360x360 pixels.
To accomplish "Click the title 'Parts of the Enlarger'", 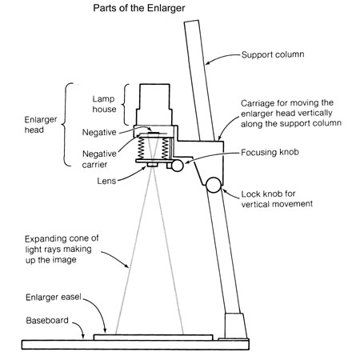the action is tap(139, 8).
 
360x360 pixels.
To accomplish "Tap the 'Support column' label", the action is tap(273, 54).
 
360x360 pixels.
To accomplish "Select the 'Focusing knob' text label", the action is tap(270, 152).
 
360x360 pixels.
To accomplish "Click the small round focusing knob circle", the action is tap(178, 166).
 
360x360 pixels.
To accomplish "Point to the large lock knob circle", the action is tap(214, 185).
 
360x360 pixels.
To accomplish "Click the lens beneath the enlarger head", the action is tap(152, 165).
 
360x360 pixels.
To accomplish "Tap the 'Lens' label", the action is tap(106, 181).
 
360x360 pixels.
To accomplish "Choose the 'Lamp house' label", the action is tap(104, 104).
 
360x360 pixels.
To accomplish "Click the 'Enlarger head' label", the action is tap(41, 125).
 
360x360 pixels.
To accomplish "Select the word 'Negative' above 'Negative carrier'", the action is tap(99, 132).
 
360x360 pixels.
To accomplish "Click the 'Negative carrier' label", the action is tap(99, 159).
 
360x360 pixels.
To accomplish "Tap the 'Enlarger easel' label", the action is tap(54, 297).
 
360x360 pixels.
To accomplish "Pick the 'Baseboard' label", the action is tap(47, 320).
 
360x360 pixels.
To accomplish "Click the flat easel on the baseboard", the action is tap(154, 338).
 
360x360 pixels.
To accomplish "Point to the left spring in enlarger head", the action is tap(141, 149).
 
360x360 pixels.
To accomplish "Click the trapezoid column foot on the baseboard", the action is tap(235, 326).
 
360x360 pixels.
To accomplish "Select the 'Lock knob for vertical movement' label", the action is tap(277, 198).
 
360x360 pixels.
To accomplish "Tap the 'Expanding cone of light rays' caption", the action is tap(62, 249).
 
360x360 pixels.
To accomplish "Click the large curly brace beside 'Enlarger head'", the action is tap(67, 125).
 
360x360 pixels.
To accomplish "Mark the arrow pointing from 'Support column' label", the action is tap(222, 57).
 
